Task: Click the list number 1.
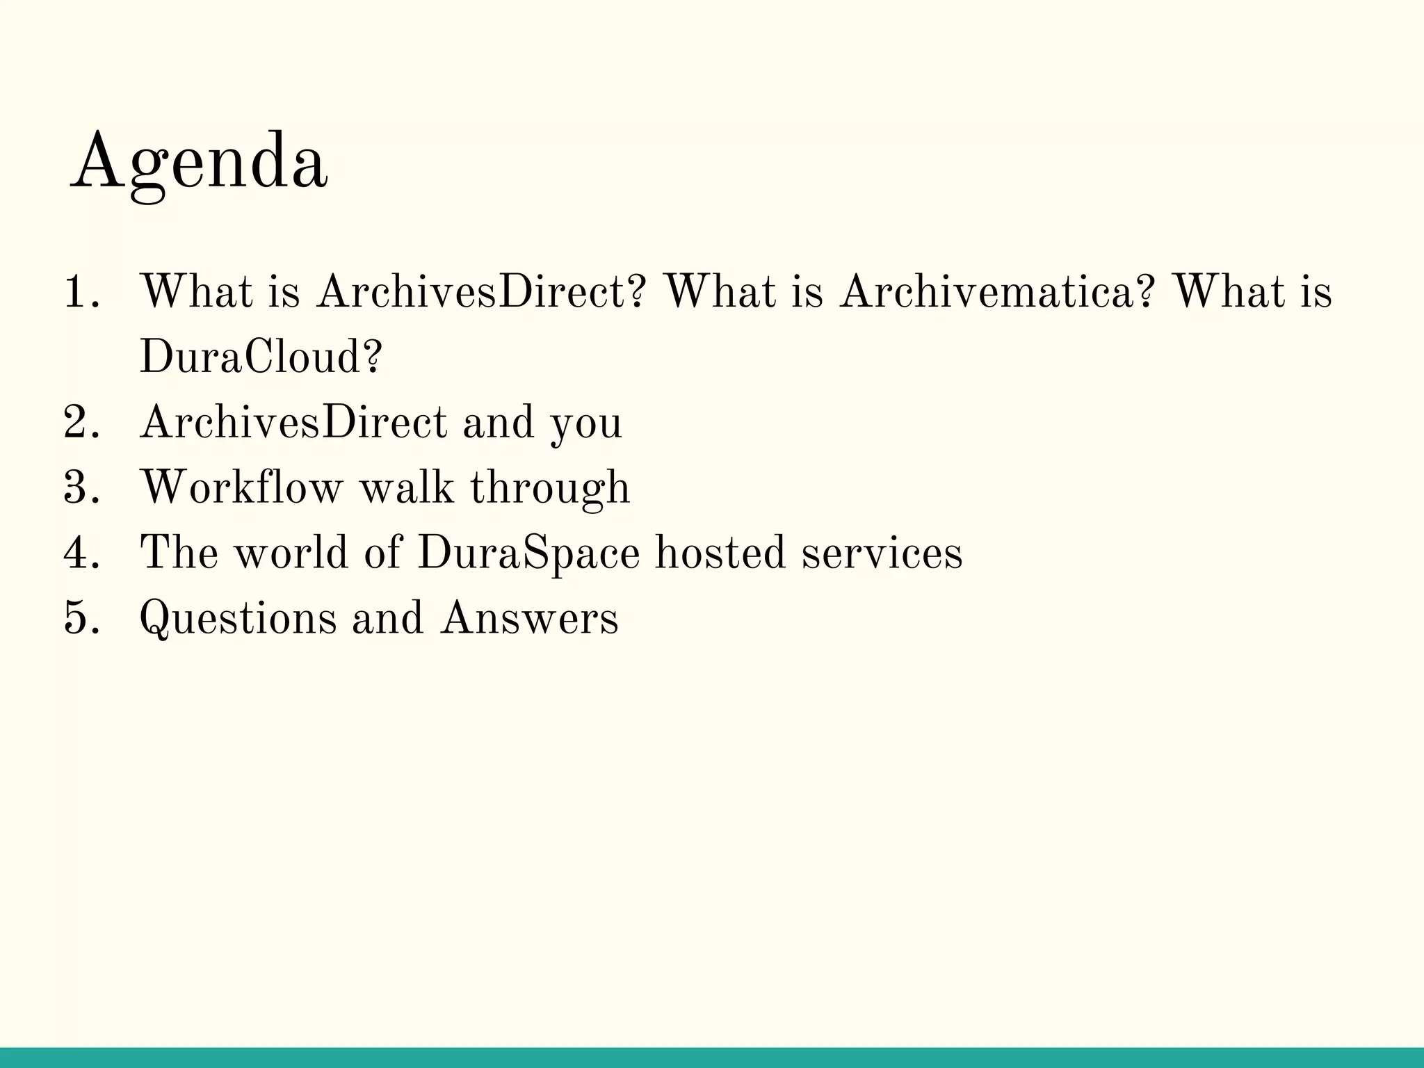(x=78, y=291)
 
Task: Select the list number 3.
(x=79, y=487)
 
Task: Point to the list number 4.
(x=79, y=553)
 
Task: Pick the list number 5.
(x=79, y=618)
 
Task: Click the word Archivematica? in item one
(x=998, y=291)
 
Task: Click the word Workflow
(x=242, y=487)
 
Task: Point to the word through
(x=550, y=489)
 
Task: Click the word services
(x=882, y=553)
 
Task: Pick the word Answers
(x=529, y=618)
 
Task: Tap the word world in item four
(x=291, y=553)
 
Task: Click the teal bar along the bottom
(x=712, y=1057)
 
